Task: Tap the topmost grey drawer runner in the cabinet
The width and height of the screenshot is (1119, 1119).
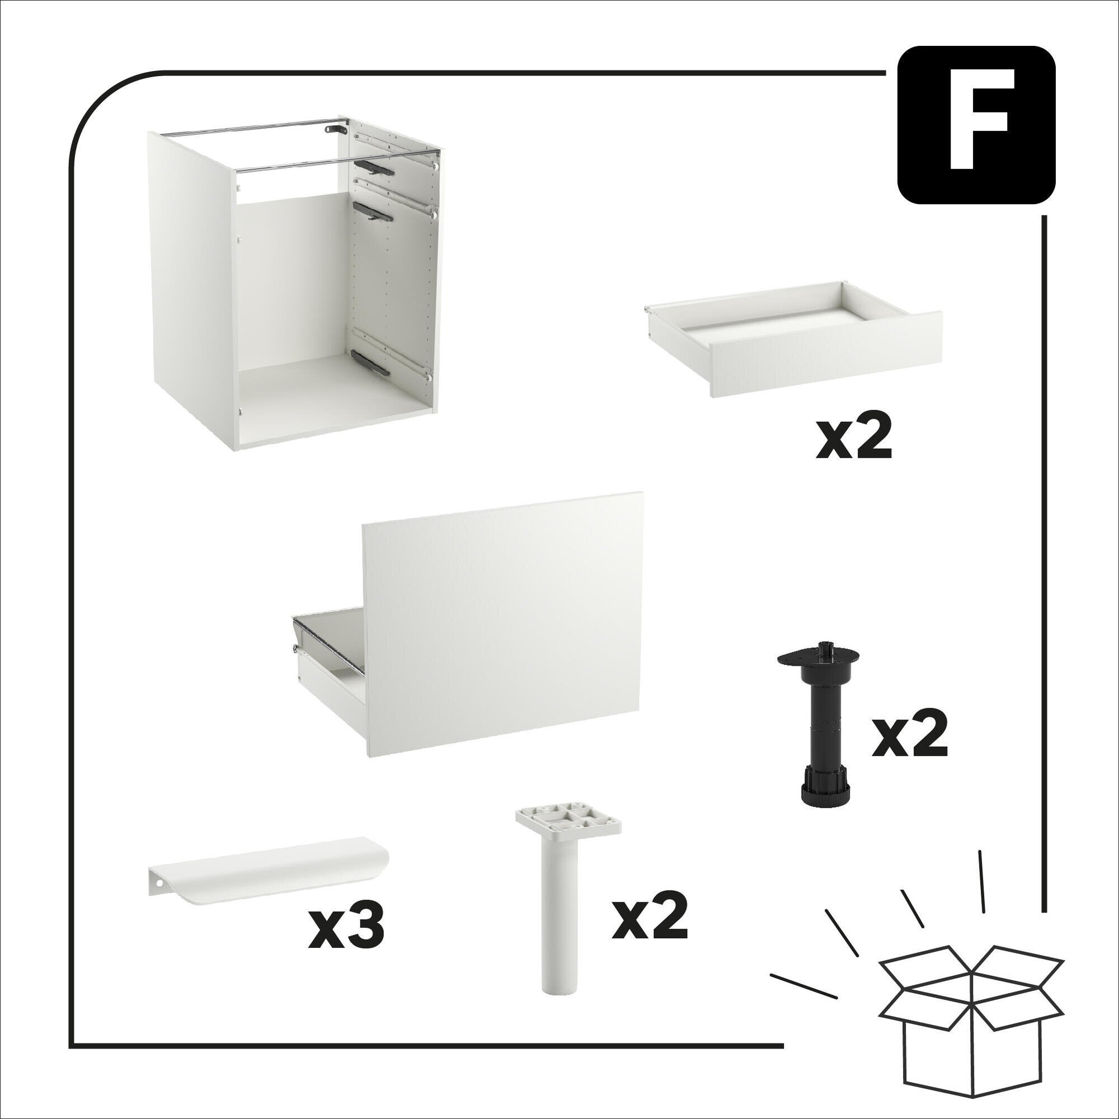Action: click(373, 167)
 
